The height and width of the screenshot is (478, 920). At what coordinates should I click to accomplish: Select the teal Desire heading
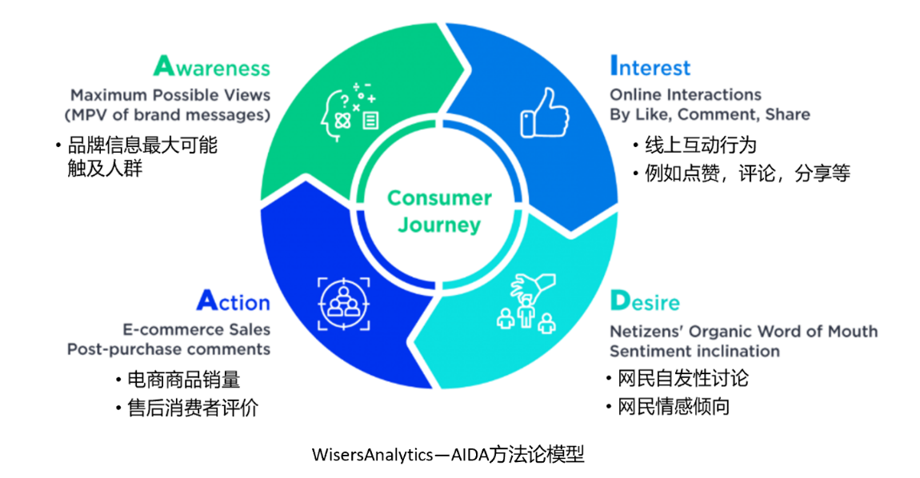click(644, 301)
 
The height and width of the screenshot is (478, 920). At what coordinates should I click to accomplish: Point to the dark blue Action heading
click(233, 301)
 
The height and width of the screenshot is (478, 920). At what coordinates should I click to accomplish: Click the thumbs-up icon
click(546, 114)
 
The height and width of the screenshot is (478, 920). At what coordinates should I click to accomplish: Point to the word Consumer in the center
click(439, 197)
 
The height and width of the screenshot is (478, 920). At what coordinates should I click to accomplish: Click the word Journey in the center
click(439, 225)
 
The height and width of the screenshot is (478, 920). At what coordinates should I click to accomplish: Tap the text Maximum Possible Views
click(170, 94)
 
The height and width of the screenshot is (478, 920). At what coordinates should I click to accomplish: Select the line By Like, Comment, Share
click(710, 114)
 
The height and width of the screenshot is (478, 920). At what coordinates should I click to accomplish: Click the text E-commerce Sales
click(196, 329)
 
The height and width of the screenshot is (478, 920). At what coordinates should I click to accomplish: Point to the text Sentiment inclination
click(694, 351)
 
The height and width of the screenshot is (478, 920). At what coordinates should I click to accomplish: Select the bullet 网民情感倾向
click(673, 406)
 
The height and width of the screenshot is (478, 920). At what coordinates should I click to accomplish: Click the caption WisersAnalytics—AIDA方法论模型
click(448, 456)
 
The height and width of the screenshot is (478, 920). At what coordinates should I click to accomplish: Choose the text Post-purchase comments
click(169, 349)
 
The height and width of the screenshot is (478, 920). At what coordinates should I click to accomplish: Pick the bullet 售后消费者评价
click(193, 408)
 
